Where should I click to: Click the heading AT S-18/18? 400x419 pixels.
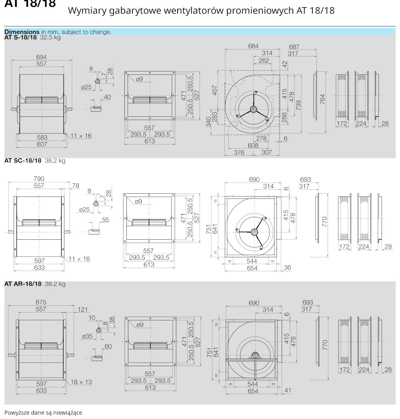[20, 37]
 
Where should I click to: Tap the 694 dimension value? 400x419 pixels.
[41, 57]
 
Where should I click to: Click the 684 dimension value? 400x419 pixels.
[253, 46]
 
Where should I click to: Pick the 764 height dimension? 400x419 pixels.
[323, 98]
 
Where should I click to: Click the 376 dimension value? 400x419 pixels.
[239, 152]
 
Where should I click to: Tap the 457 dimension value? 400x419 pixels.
[215, 90]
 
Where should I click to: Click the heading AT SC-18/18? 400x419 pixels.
[23, 161]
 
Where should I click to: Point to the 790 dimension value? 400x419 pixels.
[39, 179]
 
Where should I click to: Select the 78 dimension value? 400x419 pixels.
[76, 185]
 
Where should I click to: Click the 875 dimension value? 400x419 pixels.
[41, 302]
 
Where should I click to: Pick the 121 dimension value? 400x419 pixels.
[82, 309]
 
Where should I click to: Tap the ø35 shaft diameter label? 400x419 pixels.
[87, 337]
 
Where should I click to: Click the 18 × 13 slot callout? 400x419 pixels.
[82, 382]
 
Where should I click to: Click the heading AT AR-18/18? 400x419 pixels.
[23, 284]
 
